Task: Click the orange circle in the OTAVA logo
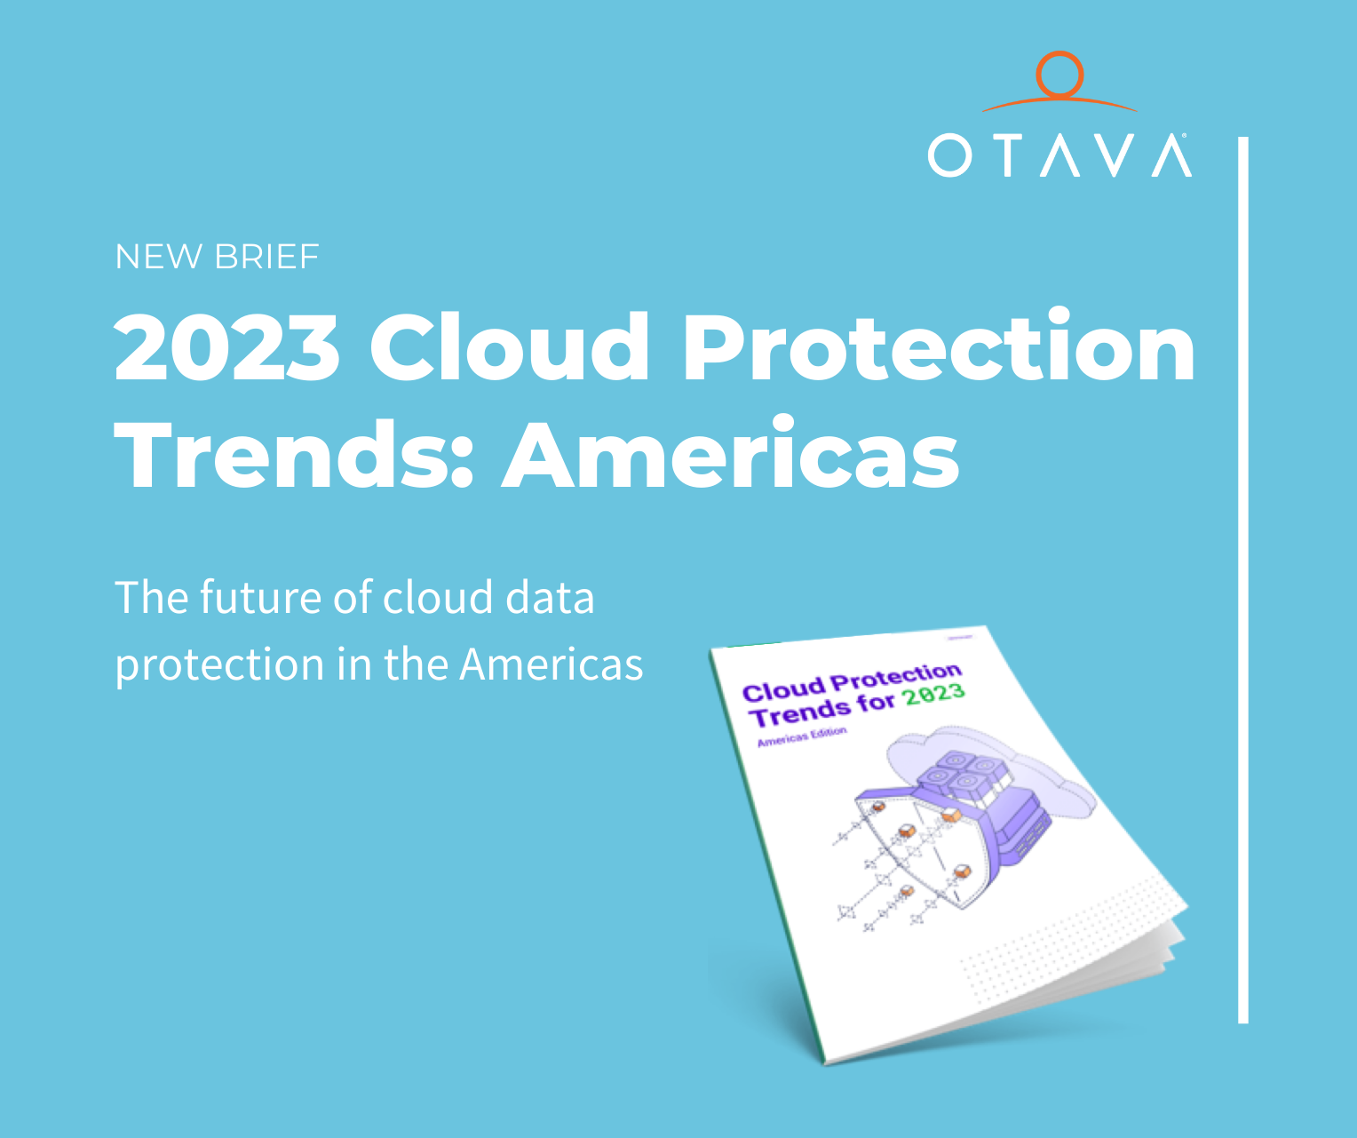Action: (1059, 75)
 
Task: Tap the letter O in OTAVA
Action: (949, 155)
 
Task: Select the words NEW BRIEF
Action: (217, 257)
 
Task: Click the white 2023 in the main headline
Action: (227, 347)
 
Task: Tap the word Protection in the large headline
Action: (939, 347)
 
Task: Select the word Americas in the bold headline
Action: (731, 454)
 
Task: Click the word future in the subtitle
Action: (260, 598)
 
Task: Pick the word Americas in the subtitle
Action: (552, 664)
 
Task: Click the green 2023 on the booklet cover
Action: (934, 695)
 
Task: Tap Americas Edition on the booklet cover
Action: (802, 736)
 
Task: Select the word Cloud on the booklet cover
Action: (783, 689)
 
